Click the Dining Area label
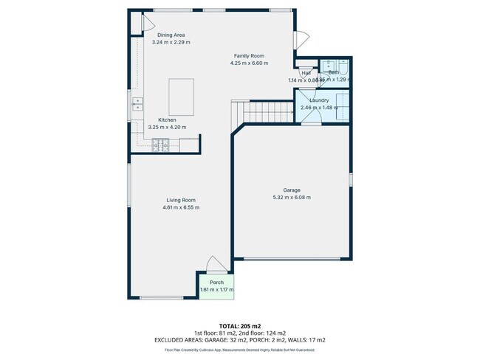pos(170,35)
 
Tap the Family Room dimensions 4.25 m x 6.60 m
pos(249,63)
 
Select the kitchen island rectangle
pos(182,97)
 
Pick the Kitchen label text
pos(167,120)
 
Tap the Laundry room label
pos(319,100)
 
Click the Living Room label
pos(181,200)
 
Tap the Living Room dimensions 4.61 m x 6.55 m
pos(181,207)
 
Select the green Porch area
pos(216,285)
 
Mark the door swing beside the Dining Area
pos(136,24)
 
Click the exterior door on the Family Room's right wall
pos(301,39)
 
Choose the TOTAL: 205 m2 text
pos(240,325)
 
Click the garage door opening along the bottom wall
pos(293,258)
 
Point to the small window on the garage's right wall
pos(351,179)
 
